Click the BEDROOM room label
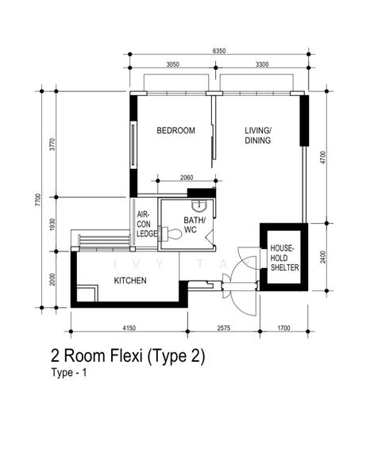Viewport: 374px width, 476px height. (x=175, y=131)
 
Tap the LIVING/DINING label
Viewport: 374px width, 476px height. (x=258, y=136)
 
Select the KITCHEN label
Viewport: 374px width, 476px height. (x=130, y=281)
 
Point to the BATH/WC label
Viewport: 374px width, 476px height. (x=194, y=225)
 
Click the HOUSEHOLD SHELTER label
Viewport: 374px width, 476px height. (x=285, y=258)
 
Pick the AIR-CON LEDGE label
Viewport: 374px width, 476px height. (x=147, y=224)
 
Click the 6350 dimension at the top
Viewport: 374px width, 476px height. (x=219, y=51)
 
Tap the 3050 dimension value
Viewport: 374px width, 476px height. (x=172, y=64)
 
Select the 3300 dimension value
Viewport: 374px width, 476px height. (x=262, y=64)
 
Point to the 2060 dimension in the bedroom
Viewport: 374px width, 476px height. (x=187, y=178)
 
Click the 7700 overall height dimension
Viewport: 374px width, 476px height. (x=37, y=200)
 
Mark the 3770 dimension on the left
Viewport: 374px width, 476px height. (x=52, y=144)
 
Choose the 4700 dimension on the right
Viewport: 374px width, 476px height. (x=323, y=158)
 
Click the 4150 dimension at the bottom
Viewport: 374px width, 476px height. (x=129, y=328)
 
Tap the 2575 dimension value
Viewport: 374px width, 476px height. (x=224, y=328)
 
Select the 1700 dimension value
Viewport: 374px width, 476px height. (x=283, y=328)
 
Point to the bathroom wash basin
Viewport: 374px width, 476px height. (x=199, y=206)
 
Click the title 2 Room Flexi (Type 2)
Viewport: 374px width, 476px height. (x=128, y=356)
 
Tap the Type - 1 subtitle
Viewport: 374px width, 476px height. (x=69, y=373)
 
